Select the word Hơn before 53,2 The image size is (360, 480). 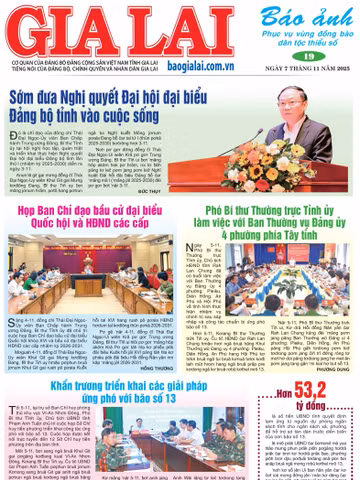(x=270, y=400)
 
